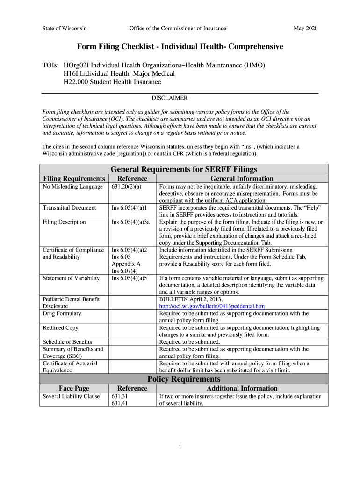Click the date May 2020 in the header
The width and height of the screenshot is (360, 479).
(305, 29)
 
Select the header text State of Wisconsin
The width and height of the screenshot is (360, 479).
(64, 29)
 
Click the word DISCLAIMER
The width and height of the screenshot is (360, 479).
(170, 98)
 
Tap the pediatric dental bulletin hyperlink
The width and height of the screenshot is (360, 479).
(212, 306)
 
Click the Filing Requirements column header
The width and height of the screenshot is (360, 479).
(74, 179)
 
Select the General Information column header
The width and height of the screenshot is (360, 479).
(242, 179)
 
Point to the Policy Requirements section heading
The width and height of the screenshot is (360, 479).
(184, 379)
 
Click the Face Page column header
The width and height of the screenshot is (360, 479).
(74, 388)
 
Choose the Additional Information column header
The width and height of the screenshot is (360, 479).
(242, 388)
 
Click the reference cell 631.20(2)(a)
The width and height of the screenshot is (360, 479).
(126, 187)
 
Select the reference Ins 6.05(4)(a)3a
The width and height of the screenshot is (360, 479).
(130, 222)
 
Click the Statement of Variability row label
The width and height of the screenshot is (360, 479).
(71, 278)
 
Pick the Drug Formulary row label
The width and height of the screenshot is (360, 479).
(62, 313)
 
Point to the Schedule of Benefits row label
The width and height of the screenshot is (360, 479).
(67, 342)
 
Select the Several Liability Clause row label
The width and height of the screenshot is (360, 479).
(71, 396)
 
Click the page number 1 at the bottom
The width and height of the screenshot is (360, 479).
(180, 447)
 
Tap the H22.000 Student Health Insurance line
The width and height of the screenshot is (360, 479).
(112, 82)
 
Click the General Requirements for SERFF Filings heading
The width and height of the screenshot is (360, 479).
(184, 169)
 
